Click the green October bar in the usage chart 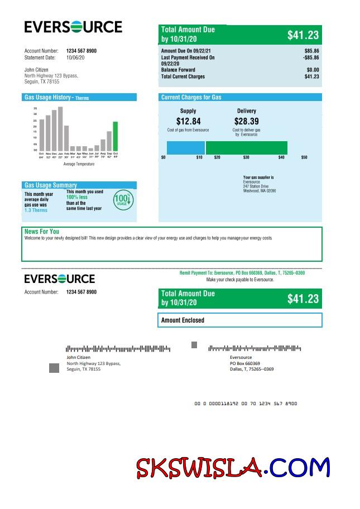click(x=115, y=136)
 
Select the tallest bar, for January click(x=60, y=129)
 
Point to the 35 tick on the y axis click(x=35, y=108)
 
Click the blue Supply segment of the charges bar click(x=186, y=148)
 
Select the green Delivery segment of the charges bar click(x=247, y=148)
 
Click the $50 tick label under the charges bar click(x=304, y=158)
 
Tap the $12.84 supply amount click(x=188, y=121)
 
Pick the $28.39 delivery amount click(x=246, y=121)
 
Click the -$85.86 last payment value click(x=311, y=57)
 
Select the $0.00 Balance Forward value click(x=313, y=70)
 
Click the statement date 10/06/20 click(x=75, y=57)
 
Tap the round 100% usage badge click(x=122, y=200)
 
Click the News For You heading click(x=42, y=231)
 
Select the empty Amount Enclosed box click(x=240, y=320)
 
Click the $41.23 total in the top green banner click(x=303, y=35)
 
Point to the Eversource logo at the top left click(x=73, y=27)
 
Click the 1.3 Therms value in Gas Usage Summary click(x=36, y=210)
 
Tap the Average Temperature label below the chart click(x=79, y=164)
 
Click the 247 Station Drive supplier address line click(x=256, y=186)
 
